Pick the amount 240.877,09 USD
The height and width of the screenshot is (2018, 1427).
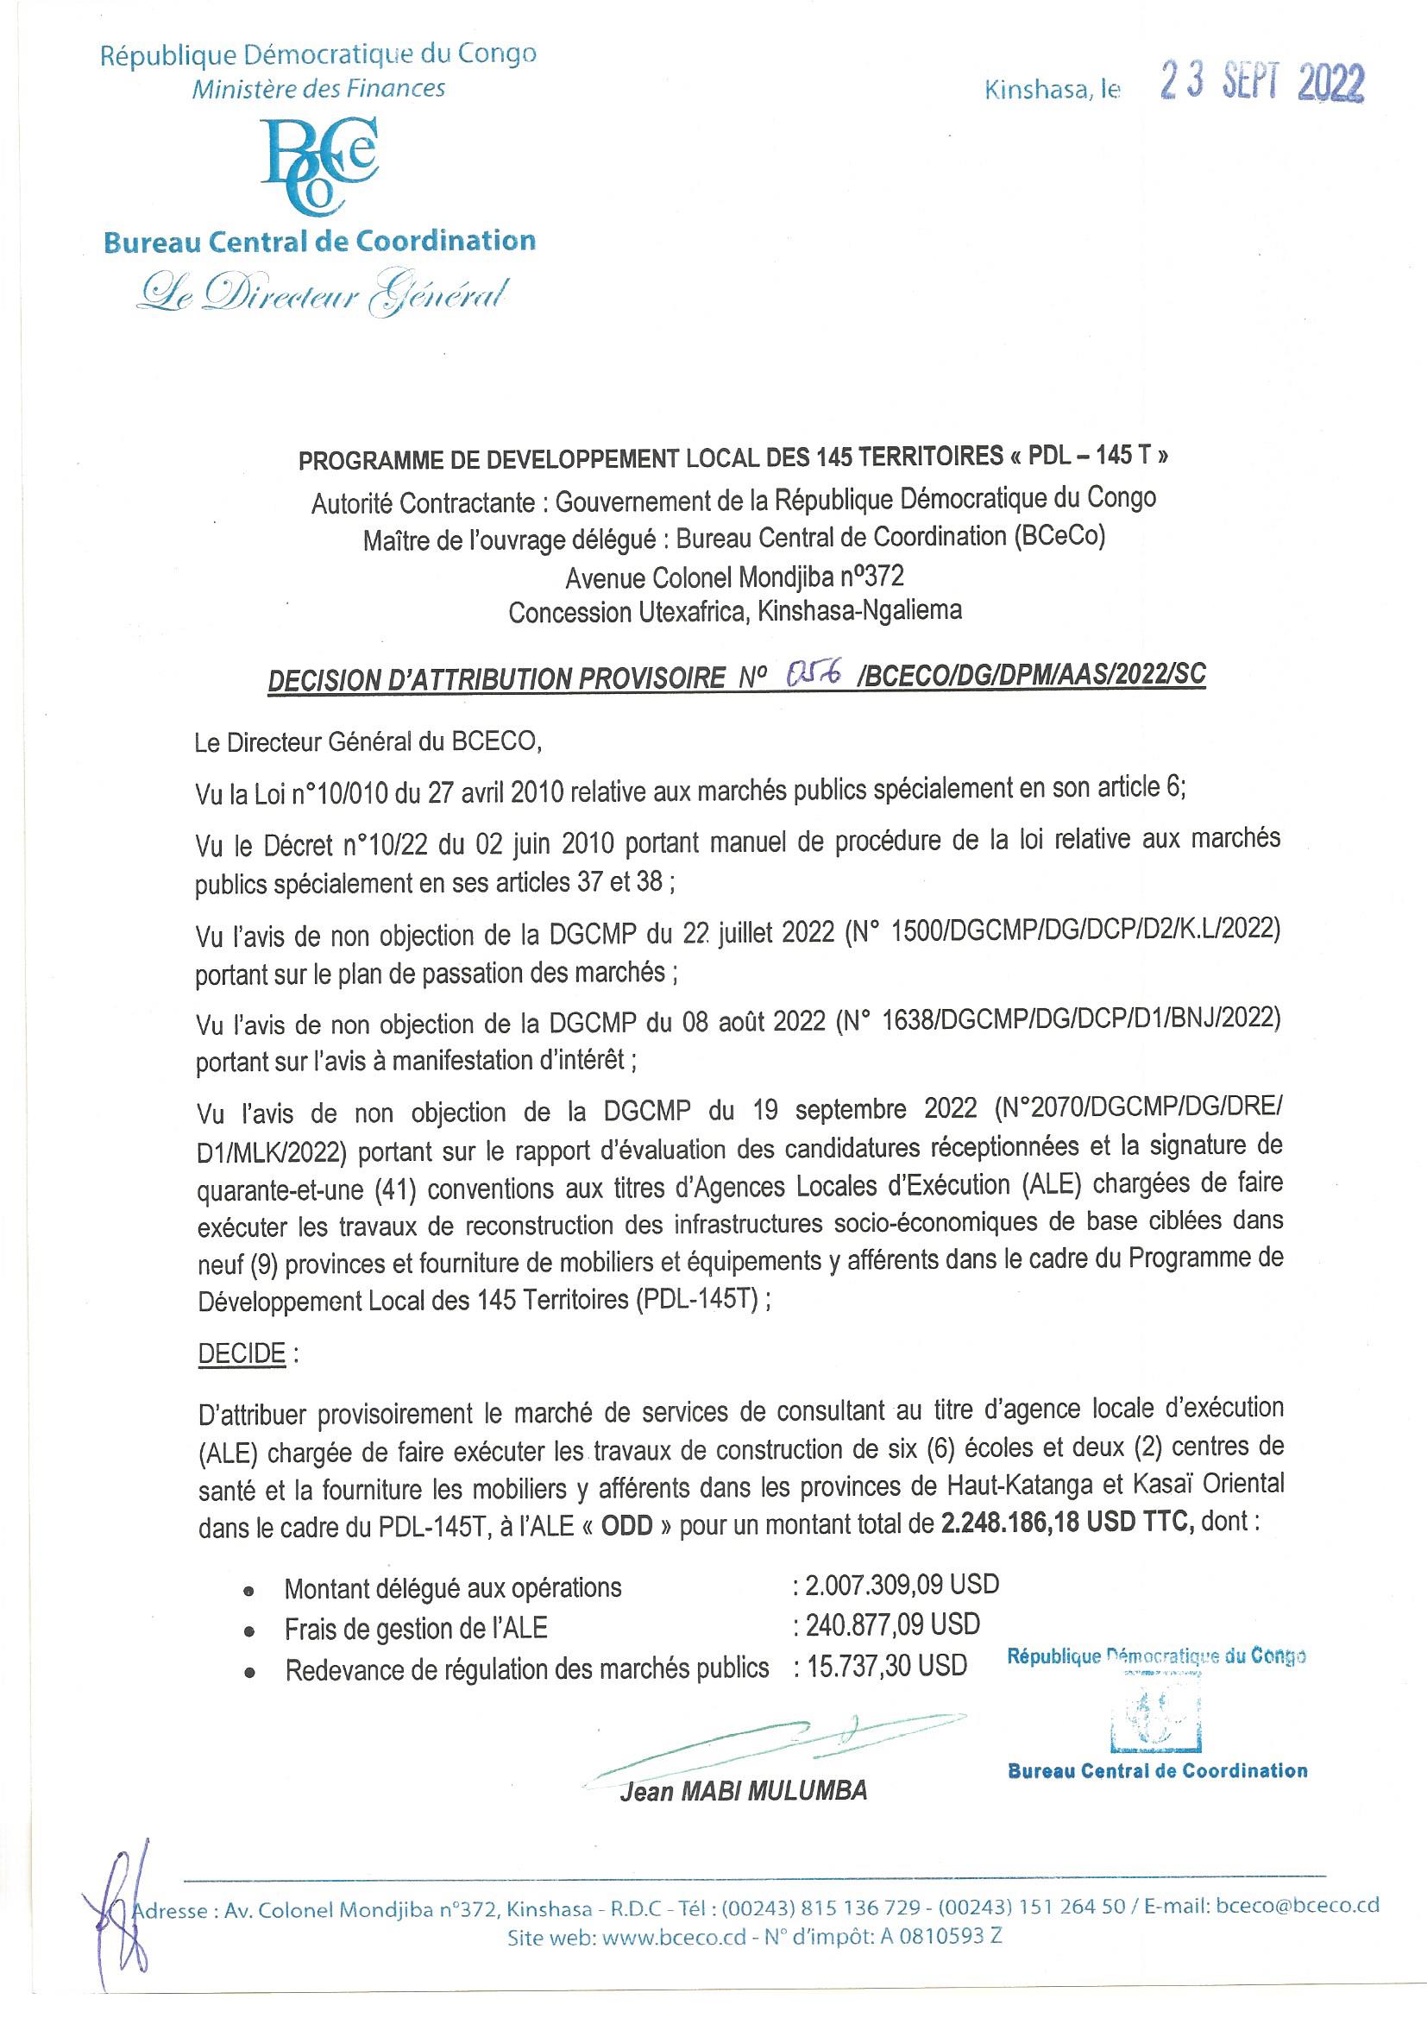[886, 1624]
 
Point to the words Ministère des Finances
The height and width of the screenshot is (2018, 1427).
[319, 88]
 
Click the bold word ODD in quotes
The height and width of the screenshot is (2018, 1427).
[627, 1524]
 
